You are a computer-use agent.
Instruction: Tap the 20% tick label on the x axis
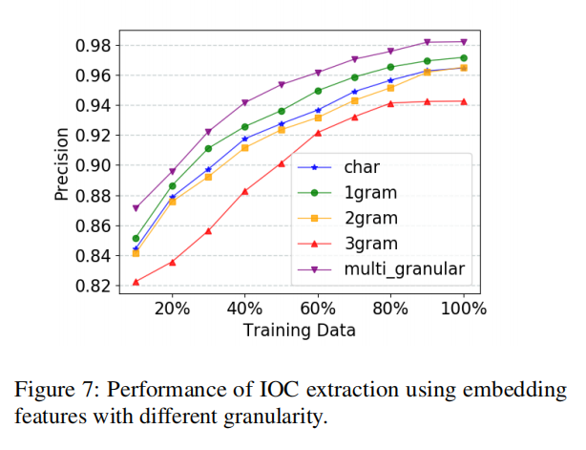(171, 310)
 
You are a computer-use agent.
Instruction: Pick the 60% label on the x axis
(318, 310)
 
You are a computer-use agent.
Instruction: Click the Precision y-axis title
(61, 165)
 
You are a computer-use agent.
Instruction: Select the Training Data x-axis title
(299, 331)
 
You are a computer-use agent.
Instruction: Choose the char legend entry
(363, 165)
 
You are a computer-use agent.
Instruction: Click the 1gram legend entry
(370, 191)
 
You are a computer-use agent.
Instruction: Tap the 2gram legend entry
(370, 217)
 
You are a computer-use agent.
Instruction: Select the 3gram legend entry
(370, 243)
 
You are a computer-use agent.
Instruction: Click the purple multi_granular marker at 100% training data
(464, 41)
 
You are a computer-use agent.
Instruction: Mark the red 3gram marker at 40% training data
(244, 191)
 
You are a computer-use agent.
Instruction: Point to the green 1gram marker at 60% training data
(318, 91)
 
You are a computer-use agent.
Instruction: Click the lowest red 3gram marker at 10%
(136, 282)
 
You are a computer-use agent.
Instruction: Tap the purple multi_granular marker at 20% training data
(172, 172)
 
